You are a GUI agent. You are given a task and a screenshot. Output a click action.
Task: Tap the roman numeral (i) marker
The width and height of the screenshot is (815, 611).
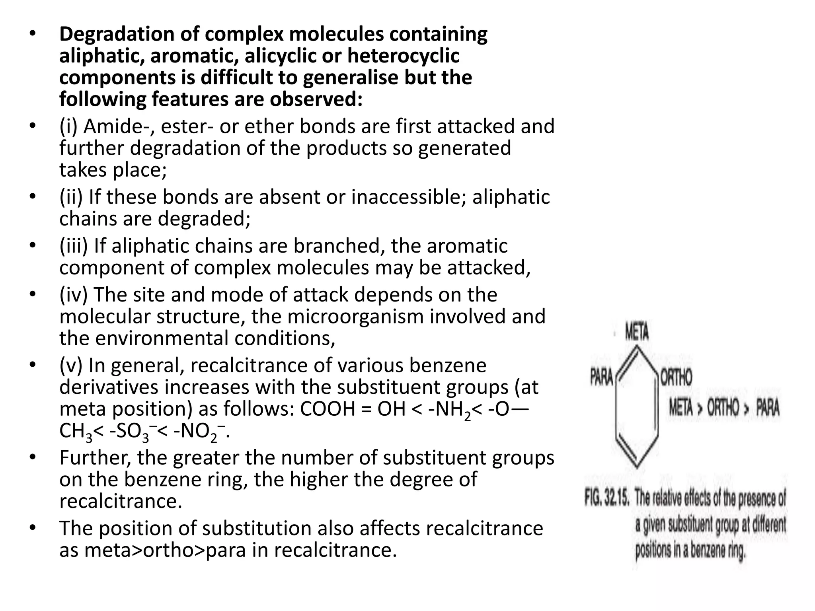click(71, 126)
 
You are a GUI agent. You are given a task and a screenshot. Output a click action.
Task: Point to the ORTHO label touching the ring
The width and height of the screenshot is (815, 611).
click(676, 377)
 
